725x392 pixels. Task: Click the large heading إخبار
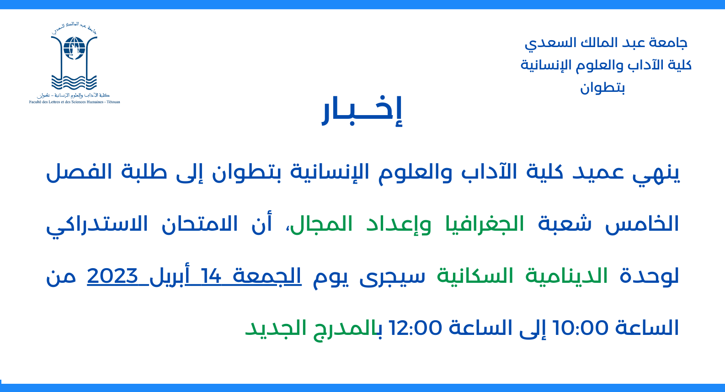pyautogui.click(x=362, y=110)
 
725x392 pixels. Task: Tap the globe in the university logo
pyautogui.click(x=74, y=48)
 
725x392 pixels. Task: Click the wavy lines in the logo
pyautogui.click(x=74, y=83)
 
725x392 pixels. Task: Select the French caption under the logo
pyautogui.click(x=75, y=102)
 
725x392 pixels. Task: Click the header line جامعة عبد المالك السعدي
pyautogui.click(x=606, y=43)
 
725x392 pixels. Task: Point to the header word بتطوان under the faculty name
pyautogui.click(x=602, y=88)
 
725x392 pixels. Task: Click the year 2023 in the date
pyautogui.click(x=113, y=276)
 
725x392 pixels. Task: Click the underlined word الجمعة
pyautogui.click(x=267, y=276)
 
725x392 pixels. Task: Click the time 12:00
pyautogui.click(x=415, y=328)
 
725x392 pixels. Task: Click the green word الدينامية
pyautogui.click(x=566, y=276)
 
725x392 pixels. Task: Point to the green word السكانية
pyautogui.click(x=475, y=276)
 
